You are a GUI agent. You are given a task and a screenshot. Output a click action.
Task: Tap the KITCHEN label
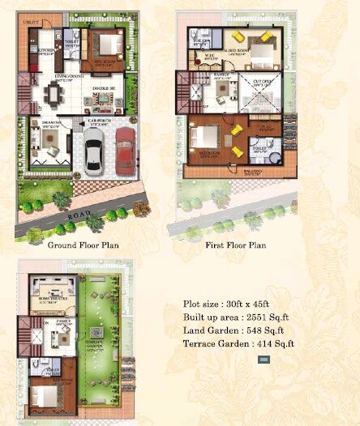coord(45,49)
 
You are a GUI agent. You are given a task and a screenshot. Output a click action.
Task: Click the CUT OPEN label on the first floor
coord(261,81)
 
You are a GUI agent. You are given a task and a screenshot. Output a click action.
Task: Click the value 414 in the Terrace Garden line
coord(263,343)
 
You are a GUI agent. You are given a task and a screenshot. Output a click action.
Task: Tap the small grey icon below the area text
coord(264,359)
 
